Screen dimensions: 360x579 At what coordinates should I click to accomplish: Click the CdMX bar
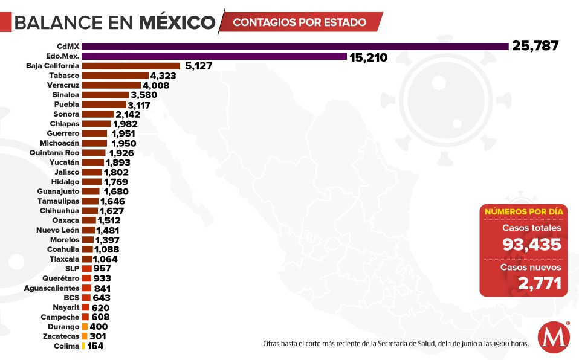click(x=295, y=46)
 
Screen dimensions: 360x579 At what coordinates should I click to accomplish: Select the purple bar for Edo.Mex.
click(x=214, y=56)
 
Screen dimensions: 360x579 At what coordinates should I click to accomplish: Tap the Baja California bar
click(x=131, y=66)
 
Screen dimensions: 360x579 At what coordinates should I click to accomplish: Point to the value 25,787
click(x=535, y=46)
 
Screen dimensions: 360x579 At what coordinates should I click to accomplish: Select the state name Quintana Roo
click(x=54, y=153)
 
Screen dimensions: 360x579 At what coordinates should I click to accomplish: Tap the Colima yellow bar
click(x=83, y=346)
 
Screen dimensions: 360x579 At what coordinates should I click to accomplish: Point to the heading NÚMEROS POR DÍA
click(x=523, y=211)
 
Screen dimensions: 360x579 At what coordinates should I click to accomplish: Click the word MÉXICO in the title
click(x=177, y=23)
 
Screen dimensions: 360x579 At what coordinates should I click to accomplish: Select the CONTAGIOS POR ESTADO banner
click(x=300, y=22)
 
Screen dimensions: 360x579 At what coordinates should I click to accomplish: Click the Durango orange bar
click(x=85, y=327)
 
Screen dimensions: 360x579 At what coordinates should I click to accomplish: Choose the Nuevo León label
click(x=57, y=230)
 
